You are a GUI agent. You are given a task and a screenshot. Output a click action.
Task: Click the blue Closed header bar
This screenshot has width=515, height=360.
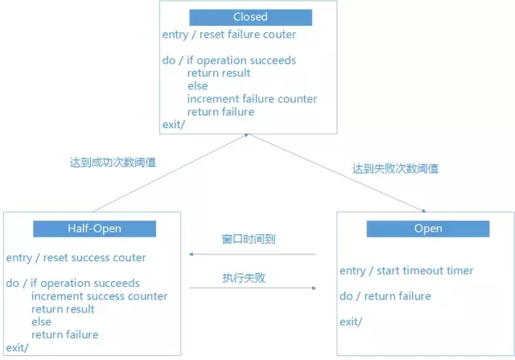click(250, 17)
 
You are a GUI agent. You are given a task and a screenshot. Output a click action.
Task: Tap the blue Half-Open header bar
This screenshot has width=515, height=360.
click(94, 229)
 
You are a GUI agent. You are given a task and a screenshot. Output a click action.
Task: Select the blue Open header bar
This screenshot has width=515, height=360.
click(428, 229)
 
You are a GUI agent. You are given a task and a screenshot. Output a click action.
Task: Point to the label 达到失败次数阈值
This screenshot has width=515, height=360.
click(395, 169)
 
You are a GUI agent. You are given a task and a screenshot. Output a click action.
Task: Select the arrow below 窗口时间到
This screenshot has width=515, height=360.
click(251, 254)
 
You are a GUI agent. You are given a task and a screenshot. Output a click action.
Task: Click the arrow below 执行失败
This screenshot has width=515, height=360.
click(251, 287)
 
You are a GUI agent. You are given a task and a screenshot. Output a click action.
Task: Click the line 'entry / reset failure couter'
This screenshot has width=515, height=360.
click(229, 35)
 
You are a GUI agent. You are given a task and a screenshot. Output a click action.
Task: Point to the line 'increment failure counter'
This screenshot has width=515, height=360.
click(252, 99)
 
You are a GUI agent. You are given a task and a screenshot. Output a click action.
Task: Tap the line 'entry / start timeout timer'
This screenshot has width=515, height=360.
click(406, 271)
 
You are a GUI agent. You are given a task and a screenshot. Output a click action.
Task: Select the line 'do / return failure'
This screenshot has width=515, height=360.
click(385, 296)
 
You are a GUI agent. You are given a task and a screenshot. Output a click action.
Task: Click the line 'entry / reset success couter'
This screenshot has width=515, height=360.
click(76, 258)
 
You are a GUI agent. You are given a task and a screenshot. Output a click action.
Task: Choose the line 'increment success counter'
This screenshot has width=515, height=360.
click(100, 296)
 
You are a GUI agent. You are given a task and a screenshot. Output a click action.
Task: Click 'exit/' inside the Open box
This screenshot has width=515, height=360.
click(351, 322)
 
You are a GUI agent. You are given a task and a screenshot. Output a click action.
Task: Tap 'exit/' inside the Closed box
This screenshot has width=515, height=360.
click(174, 124)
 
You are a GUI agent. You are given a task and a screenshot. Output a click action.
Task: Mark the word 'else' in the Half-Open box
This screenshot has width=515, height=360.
click(42, 321)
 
